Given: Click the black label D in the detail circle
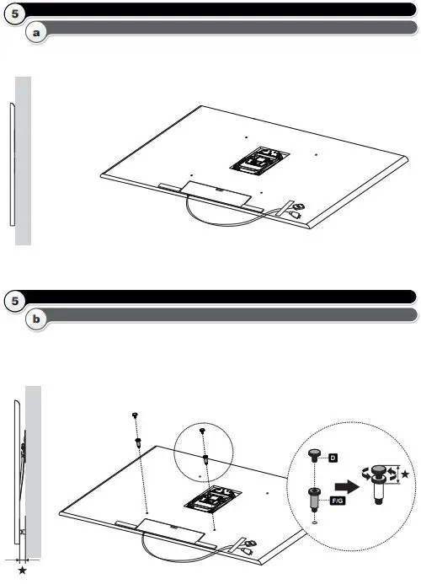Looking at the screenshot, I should (x=332, y=458).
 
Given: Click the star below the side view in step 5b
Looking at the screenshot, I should (x=22, y=571).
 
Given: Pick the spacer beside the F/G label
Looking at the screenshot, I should (x=314, y=499).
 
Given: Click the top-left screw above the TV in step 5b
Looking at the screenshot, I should (x=135, y=415).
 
